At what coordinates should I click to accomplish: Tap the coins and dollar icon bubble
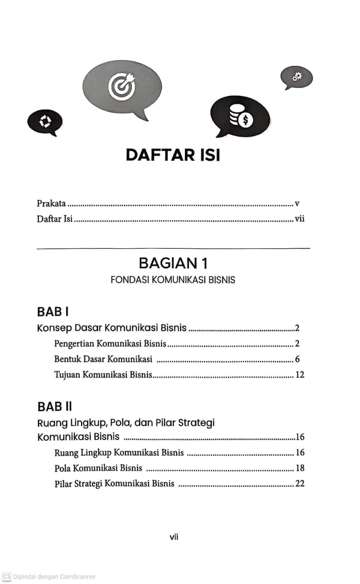pyautogui.click(x=239, y=115)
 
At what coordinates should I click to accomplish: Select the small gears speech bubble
pyautogui.click(x=296, y=77)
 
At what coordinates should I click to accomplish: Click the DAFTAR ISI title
pyautogui.click(x=173, y=155)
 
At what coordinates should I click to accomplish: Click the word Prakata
pyautogui.click(x=52, y=204)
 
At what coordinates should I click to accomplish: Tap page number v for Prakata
pyautogui.click(x=297, y=204)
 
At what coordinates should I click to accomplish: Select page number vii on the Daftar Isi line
pyautogui.click(x=299, y=219)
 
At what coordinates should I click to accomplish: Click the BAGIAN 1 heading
pyautogui.click(x=173, y=263)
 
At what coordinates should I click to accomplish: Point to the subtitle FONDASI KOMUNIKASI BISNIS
pyautogui.click(x=173, y=280)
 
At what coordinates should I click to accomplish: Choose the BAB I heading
pyautogui.click(x=53, y=312)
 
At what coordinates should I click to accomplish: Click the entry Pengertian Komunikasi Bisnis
pyautogui.click(x=110, y=344)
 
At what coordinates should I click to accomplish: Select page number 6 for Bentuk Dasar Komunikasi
pyautogui.click(x=297, y=359)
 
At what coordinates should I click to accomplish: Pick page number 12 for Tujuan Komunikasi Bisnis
pyautogui.click(x=299, y=375)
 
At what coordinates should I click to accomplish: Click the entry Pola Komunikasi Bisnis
pyautogui.click(x=97, y=468)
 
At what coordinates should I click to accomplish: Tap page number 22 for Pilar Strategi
pyautogui.click(x=299, y=483)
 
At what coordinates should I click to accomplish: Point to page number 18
pyautogui.click(x=299, y=468)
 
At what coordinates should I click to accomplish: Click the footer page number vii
pyautogui.click(x=173, y=537)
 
